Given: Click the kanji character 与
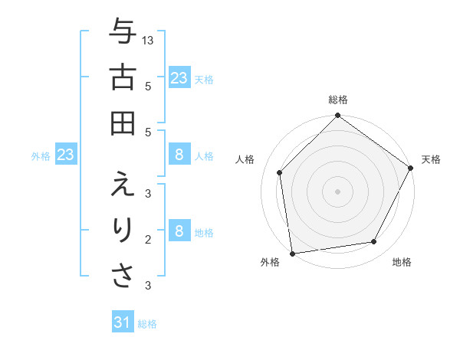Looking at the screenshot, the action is (123, 33).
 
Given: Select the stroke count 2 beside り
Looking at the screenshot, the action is (148, 239).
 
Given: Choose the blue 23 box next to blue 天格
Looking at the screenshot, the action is (179, 77).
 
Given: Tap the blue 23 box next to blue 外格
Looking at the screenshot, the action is (65, 155).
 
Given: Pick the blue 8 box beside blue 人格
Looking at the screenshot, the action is (179, 155).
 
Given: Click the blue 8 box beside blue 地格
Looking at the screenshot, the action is (179, 231).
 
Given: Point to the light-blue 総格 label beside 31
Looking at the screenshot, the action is (147, 324).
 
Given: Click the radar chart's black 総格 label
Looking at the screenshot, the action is (338, 100).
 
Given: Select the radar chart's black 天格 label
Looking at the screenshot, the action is (431, 159).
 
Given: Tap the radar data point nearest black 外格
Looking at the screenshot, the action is (292, 253).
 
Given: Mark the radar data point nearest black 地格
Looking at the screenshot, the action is (374, 242).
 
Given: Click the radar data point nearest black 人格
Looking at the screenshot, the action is (280, 172).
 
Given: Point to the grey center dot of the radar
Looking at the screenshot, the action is (338, 191).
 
